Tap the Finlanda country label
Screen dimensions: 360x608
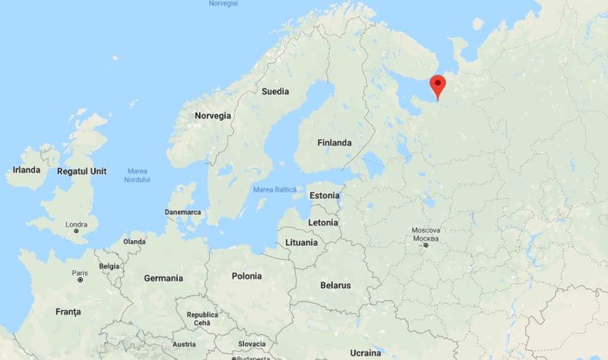tap(334, 142)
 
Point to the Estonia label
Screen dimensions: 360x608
tap(324, 195)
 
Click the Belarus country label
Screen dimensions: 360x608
tap(335, 286)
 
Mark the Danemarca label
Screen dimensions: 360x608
tap(182, 211)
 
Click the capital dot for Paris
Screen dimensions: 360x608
tap(80, 280)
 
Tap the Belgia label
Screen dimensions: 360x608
tap(109, 267)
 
